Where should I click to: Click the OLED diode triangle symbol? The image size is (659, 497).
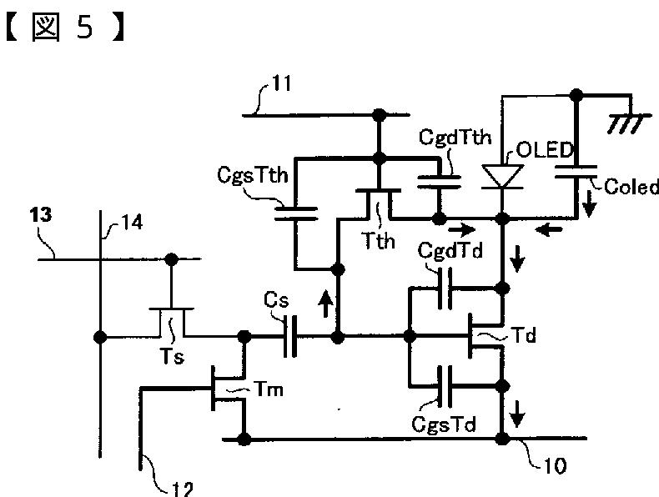click(x=503, y=177)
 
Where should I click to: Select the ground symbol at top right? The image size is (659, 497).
click(x=618, y=122)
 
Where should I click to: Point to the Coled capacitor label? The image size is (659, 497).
click(x=631, y=188)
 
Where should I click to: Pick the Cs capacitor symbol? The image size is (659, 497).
click(x=289, y=338)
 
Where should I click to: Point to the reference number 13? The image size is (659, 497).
click(x=38, y=214)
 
